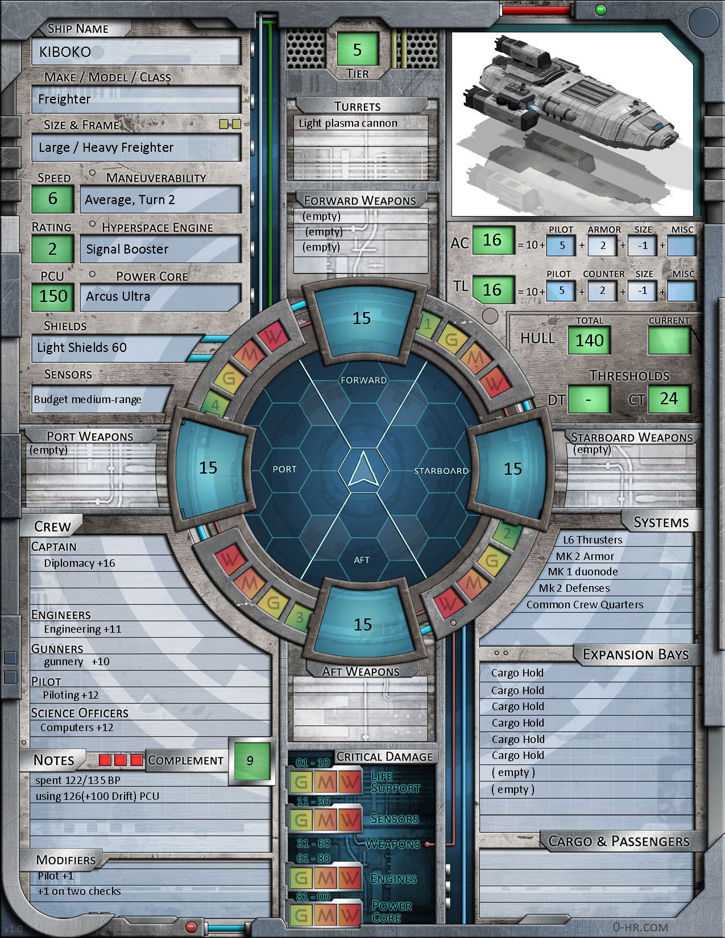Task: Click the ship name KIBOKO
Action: (x=65, y=52)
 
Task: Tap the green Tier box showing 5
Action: (x=357, y=49)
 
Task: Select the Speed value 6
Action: (x=52, y=198)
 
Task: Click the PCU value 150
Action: (x=53, y=296)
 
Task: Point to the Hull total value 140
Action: (x=589, y=341)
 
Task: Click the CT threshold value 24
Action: (x=669, y=399)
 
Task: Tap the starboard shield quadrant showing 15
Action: (x=512, y=469)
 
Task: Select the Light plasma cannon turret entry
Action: (x=348, y=123)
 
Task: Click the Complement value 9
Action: (x=250, y=761)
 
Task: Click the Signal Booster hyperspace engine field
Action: (x=127, y=249)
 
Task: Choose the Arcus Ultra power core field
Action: (x=118, y=296)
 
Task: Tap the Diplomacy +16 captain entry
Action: (x=80, y=563)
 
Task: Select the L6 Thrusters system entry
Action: (x=593, y=540)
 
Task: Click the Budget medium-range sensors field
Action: (x=88, y=400)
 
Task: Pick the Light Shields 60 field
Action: (x=82, y=347)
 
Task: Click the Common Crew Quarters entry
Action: (x=585, y=605)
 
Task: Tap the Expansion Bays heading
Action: (x=635, y=655)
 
